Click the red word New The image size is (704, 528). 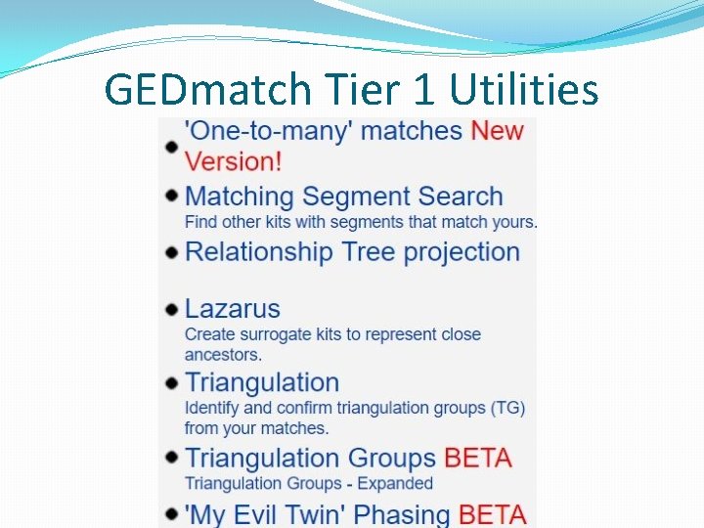coord(497,131)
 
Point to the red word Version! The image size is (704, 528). coord(233,160)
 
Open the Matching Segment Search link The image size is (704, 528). coord(343,197)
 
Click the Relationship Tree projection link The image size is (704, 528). coord(352,252)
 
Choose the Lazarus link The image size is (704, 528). coord(232,309)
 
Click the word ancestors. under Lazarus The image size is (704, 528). coord(223,354)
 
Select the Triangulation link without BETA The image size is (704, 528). coord(261,382)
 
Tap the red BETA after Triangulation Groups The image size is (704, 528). coord(478,458)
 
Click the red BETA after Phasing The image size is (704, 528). coord(492,514)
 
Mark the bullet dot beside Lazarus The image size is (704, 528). coord(171,310)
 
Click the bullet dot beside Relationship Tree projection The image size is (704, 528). coord(171,253)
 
